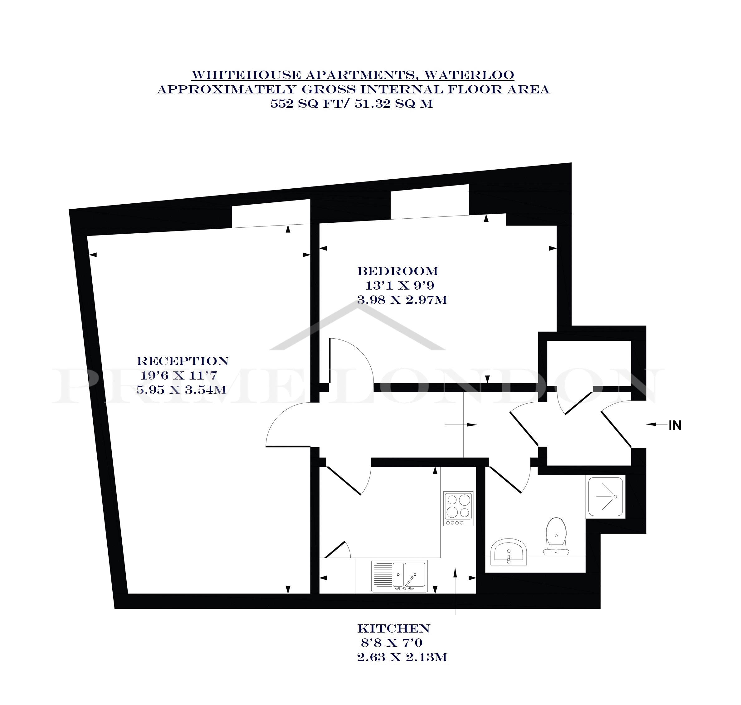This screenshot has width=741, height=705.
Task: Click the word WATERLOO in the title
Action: coord(469,75)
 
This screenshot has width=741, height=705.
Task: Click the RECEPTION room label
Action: coord(183,361)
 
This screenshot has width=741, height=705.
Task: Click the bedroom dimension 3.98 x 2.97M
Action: coord(402,300)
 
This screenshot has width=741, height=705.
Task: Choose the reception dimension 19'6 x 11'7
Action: coord(179,375)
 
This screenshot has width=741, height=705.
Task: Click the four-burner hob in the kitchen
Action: coord(458,509)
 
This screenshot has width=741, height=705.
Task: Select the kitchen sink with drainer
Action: coord(399,576)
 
